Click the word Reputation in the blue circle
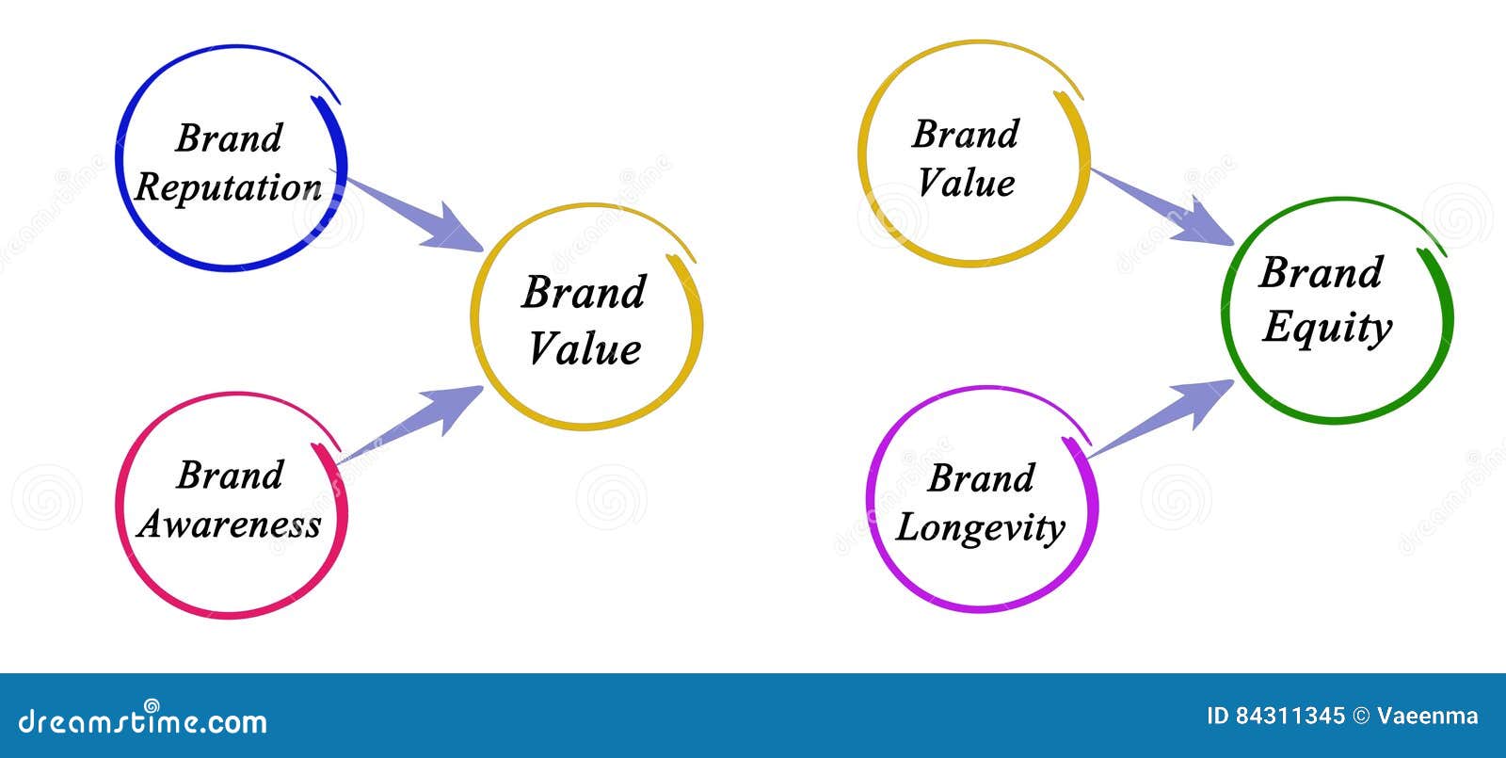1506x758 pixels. [228, 187]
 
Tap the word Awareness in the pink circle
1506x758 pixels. [229, 524]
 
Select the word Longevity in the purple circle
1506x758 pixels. [980, 527]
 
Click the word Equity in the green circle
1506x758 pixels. [1327, 328]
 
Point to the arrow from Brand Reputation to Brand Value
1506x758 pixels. [414, 215]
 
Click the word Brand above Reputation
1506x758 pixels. [229, 138]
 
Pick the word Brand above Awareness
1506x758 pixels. [230, 476]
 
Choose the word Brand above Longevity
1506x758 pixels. [981, 478]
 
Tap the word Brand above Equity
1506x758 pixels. [1321, 273]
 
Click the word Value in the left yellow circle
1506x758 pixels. [585, 349]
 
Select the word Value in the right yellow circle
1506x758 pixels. [967, 183]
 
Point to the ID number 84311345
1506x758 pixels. [1290, 717]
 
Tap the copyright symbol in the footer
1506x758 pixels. [1361, 717]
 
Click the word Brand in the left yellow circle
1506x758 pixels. [584, 292]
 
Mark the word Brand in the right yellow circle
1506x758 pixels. [966, 134]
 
